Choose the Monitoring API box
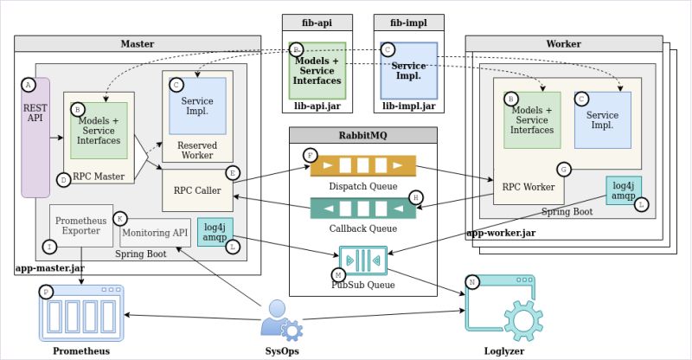(x=155, y=233)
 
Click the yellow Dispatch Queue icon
(x=362, y=165)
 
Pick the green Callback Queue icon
(x=362, y=208)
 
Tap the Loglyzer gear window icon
(x=500, y=304)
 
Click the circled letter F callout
(x=310, y=154)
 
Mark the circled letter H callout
(x=416, y=197)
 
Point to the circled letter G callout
(x=564, y=168)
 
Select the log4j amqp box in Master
(x=215, y=231)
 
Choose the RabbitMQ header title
(x=362, y=134)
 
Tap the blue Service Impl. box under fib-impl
(x=408, y=68)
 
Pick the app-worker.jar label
(x=501, y=233)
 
